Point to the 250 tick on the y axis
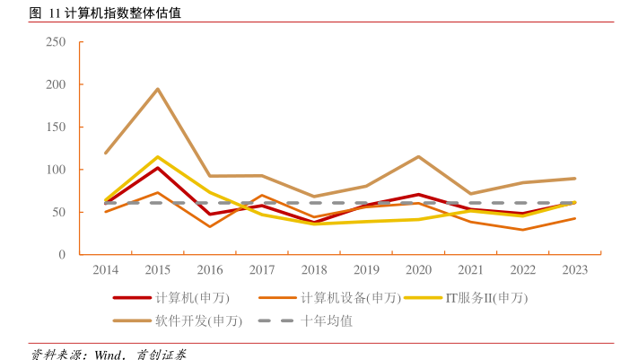click(x=56, y=42)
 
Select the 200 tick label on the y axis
click(x=56, y=84)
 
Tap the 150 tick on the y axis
click(x=56, y=127)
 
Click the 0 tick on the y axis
click(x=62, y=255)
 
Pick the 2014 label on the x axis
click(x=106, y=269)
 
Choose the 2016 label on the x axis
click(x=210, y=269)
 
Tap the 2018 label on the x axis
click(x=314, y=269)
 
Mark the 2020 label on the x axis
click(x=419, y=269)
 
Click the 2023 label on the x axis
click(x=575, y=269)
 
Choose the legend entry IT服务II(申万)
click(x=485, y=298)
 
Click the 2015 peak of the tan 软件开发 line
click(x=158, y=89)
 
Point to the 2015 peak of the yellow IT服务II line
click(x=158, y=157)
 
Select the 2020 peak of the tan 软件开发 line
click(x=419, y=156)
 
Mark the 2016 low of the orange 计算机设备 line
click(x=210, y=226)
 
